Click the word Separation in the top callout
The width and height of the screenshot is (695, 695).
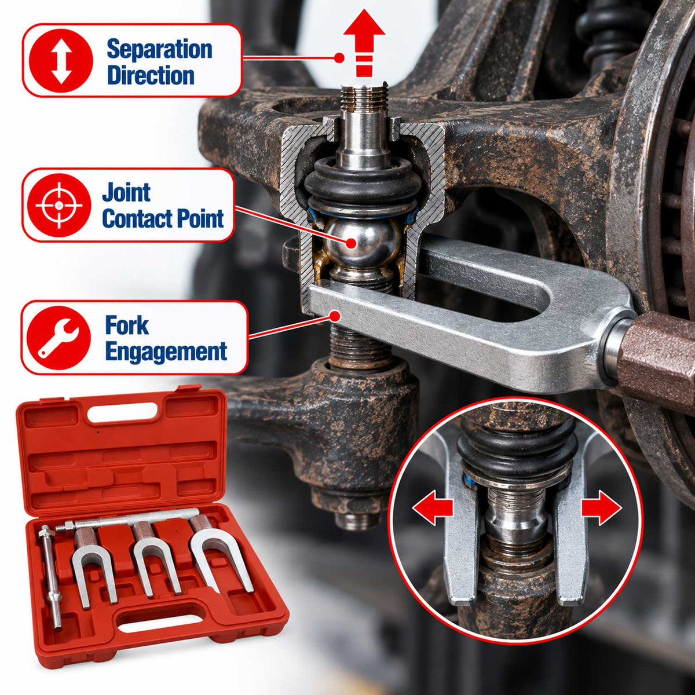(x=159, y=49)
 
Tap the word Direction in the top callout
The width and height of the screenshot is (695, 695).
(x=151, y=75)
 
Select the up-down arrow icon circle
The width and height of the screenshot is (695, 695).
(x=61, y=61)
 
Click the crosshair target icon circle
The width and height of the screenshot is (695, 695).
(x=59, y=205)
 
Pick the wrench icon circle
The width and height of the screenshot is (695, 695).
(x=58, y=338)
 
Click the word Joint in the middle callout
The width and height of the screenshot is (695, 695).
(x=126, y=192)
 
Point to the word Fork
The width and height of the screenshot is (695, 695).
(x=127, y=325)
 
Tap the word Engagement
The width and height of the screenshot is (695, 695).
(x=166, y=352)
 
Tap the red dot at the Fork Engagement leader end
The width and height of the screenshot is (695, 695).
(x=335, y=316)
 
